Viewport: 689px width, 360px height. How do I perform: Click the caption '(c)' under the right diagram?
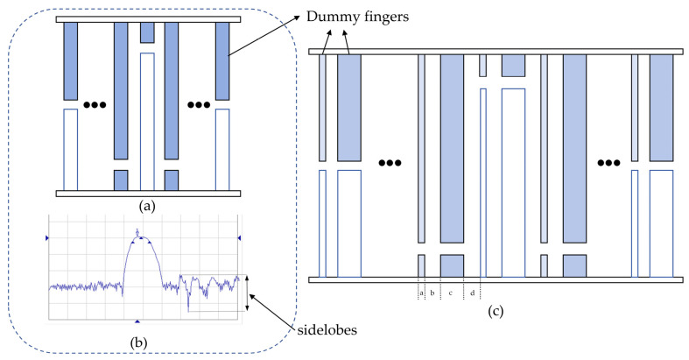497,308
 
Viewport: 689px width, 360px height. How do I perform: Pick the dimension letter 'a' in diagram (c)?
421,292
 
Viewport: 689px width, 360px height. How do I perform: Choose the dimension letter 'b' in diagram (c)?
432,292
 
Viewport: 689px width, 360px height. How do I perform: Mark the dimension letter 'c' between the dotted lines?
451,292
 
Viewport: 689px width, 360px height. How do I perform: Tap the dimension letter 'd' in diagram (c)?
473,292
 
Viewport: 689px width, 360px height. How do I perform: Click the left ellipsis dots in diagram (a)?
93,106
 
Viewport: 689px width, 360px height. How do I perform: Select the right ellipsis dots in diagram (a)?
199,106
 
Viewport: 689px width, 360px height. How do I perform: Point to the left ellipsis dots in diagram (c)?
390,163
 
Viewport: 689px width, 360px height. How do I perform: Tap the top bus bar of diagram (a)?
146,19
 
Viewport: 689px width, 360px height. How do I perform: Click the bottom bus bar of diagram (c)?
496,279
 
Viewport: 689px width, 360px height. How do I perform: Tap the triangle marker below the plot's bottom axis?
137,321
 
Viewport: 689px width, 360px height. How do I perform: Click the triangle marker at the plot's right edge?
237,238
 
